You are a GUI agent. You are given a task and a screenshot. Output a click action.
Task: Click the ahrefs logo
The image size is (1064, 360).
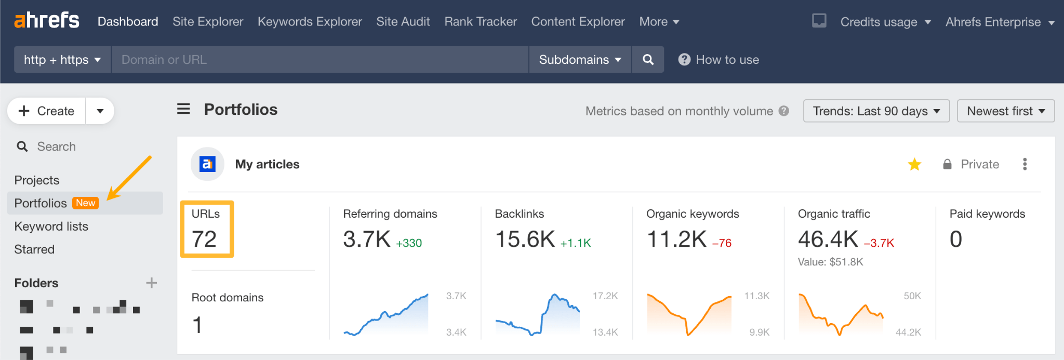pos(47,20)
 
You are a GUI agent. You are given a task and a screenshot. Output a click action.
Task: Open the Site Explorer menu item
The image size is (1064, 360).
pos(208,22)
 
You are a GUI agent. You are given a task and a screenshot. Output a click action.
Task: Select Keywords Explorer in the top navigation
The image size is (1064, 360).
pos(310,22)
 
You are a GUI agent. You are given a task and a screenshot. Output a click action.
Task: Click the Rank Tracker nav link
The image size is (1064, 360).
pos(481,22)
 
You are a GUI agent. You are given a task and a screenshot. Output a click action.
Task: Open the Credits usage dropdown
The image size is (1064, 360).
pos(885,22)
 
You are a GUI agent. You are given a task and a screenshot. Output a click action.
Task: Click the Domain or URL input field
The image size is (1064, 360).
pos(320,60)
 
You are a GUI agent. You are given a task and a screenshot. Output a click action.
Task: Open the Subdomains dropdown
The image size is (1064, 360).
pos(580,60)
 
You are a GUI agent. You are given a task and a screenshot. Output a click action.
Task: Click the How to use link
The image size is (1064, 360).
pos(719,60)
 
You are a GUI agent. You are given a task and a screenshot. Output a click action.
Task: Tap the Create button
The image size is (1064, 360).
pos(47,111)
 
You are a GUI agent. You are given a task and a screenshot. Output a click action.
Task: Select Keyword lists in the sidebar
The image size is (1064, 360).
pos(51,226)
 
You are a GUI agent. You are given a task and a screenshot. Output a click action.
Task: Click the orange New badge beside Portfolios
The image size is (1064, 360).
pos(86,203)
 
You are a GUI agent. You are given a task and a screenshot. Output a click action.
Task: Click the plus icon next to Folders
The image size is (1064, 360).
pos(151,283)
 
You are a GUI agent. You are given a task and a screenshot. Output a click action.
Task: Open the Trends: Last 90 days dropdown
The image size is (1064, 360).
pos(876,111)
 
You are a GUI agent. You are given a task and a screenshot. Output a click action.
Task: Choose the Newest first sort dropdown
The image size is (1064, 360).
pos(1005,111)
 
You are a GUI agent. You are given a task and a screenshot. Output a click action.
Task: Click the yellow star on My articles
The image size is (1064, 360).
pos(914,165)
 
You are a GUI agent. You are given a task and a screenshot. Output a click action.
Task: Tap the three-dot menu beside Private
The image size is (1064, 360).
pos(1025,164)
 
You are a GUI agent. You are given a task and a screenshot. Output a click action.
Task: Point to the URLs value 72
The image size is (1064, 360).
pos(204,239)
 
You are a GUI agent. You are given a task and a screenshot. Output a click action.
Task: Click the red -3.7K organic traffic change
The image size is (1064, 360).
pos(879,243)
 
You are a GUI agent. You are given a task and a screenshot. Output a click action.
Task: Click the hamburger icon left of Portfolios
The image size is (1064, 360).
pos(183,109)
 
